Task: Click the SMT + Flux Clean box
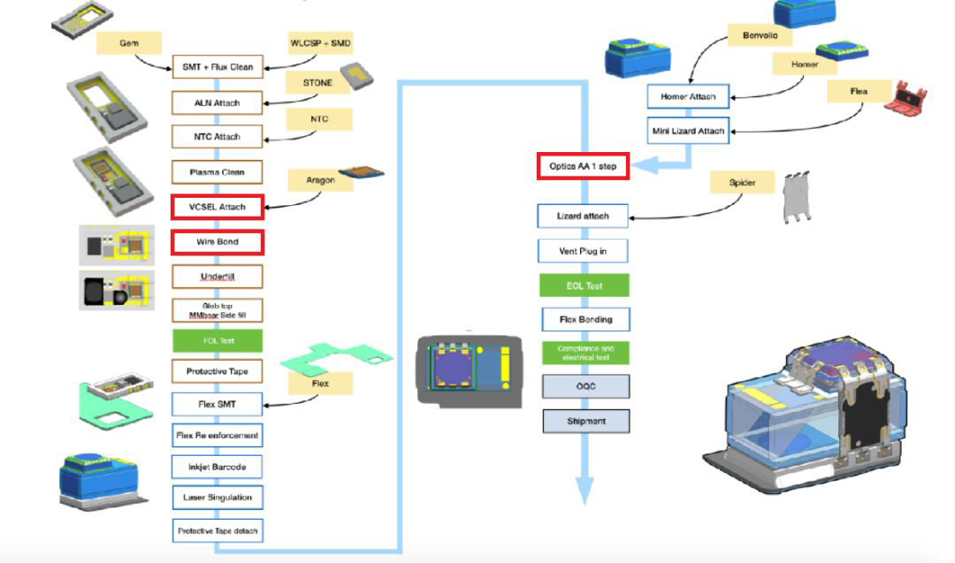pyautogui.click(x=217, y=67)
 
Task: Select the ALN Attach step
pyautogui.click(x=217, y=103)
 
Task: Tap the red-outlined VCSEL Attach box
pyautogui.click(x=217, y=207)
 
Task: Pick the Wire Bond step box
pyautogui.click(x=217, y=241)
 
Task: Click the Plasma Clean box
pyautogui.click(x=217, y=172)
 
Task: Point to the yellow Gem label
pyautogui.click(x=129, y=42)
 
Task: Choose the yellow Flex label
pyautogui.click(x=320, y=383)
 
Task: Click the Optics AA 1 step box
pyautogui.click(x=583, y=166)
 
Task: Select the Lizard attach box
pyautogui.click(x=583, y=216)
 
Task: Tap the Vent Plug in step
pyautogui.click(x=583, y=252)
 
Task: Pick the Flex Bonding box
pyautogui.click(x=584, y=319)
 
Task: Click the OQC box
pyautogui.click(x=585, y=387)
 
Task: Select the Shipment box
pyautogui.click(x=585, y=422)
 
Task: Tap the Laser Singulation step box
pyautogui.click(x=217, y=498)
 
